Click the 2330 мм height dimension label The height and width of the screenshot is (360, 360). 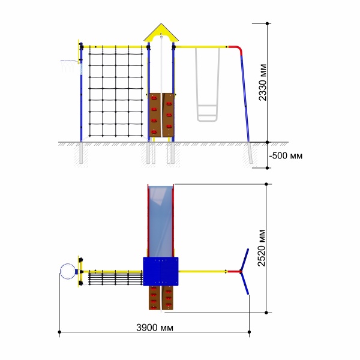[x=263, y=82]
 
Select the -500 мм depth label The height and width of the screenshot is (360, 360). [x=286, y=155]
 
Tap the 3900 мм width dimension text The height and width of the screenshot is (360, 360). [x=155, y=328]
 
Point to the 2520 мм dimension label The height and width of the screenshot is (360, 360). [x=262, y=248]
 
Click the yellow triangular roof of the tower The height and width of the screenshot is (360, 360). [x=161, y=32]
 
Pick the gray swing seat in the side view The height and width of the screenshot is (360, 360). [x=207, y=113]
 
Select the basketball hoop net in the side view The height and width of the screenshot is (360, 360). [x=68, y=66]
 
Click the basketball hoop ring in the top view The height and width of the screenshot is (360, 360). [x=61, y=272]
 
